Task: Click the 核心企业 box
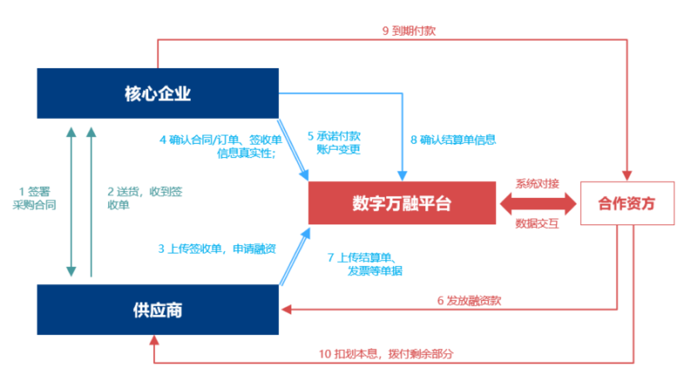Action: tap(158, 93)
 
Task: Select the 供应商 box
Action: tap(158, 310)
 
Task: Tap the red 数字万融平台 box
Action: tap(402, 203)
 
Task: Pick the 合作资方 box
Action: tap(627, 203)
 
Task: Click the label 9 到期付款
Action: tap(409, 31)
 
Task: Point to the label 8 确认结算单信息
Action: tap(453, 140)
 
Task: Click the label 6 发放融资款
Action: tap(469, 301)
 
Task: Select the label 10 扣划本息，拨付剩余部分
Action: tap(385, 354)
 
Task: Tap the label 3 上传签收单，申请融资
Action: tap(217, 249)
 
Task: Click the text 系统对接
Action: tap(537, 184)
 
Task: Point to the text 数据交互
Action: tap(537, 223)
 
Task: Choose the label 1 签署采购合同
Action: tap(34, 198)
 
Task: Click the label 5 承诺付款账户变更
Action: tap(334, 142)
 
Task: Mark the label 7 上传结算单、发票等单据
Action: tap(365, 264)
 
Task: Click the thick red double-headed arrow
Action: tap(538, 203)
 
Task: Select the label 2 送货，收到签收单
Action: tap(145, 198)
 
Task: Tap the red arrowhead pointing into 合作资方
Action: tap(627, 175)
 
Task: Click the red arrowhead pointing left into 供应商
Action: tap(286, 310)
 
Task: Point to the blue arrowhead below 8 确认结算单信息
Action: tap(402, 176)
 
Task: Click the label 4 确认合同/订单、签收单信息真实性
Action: tap(221, 146)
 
